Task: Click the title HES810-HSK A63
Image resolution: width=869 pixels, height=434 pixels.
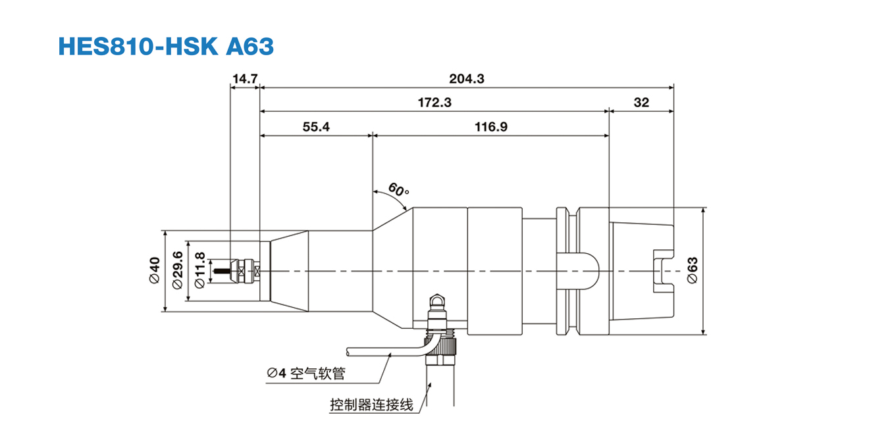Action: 165,46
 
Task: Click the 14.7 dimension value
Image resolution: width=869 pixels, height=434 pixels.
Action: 244,79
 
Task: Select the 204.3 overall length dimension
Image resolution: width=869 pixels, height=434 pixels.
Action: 467,79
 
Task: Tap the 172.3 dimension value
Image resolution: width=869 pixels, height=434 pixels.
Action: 434,103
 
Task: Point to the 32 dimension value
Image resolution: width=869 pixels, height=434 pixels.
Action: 641,103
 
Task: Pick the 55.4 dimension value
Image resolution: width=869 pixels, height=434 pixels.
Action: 316,127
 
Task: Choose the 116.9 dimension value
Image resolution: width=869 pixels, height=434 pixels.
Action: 491,127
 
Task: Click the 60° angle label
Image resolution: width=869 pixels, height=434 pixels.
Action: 398,191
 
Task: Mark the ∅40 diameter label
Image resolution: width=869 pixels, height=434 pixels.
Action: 155,270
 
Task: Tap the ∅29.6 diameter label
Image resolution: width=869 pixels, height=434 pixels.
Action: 177,270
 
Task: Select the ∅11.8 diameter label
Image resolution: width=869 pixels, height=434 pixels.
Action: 200,270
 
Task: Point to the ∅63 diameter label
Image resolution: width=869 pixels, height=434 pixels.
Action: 693,270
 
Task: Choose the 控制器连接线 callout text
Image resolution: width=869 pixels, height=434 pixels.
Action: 371,404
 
